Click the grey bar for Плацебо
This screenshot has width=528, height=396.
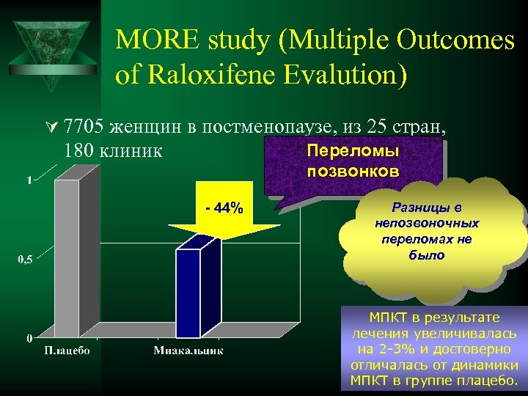[x=67, y=257]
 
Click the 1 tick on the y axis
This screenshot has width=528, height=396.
[x=29, y=180]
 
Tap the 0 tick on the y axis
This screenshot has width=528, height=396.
[x=29, y=338]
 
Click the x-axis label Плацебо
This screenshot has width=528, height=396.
[x=67, y=351]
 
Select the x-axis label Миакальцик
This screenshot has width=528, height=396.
[x=188, y=351]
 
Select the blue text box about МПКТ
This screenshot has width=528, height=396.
[x=434, y=348]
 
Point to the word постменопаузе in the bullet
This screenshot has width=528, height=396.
[x=266, y=126]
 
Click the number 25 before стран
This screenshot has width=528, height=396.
[x=378, y=126]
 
